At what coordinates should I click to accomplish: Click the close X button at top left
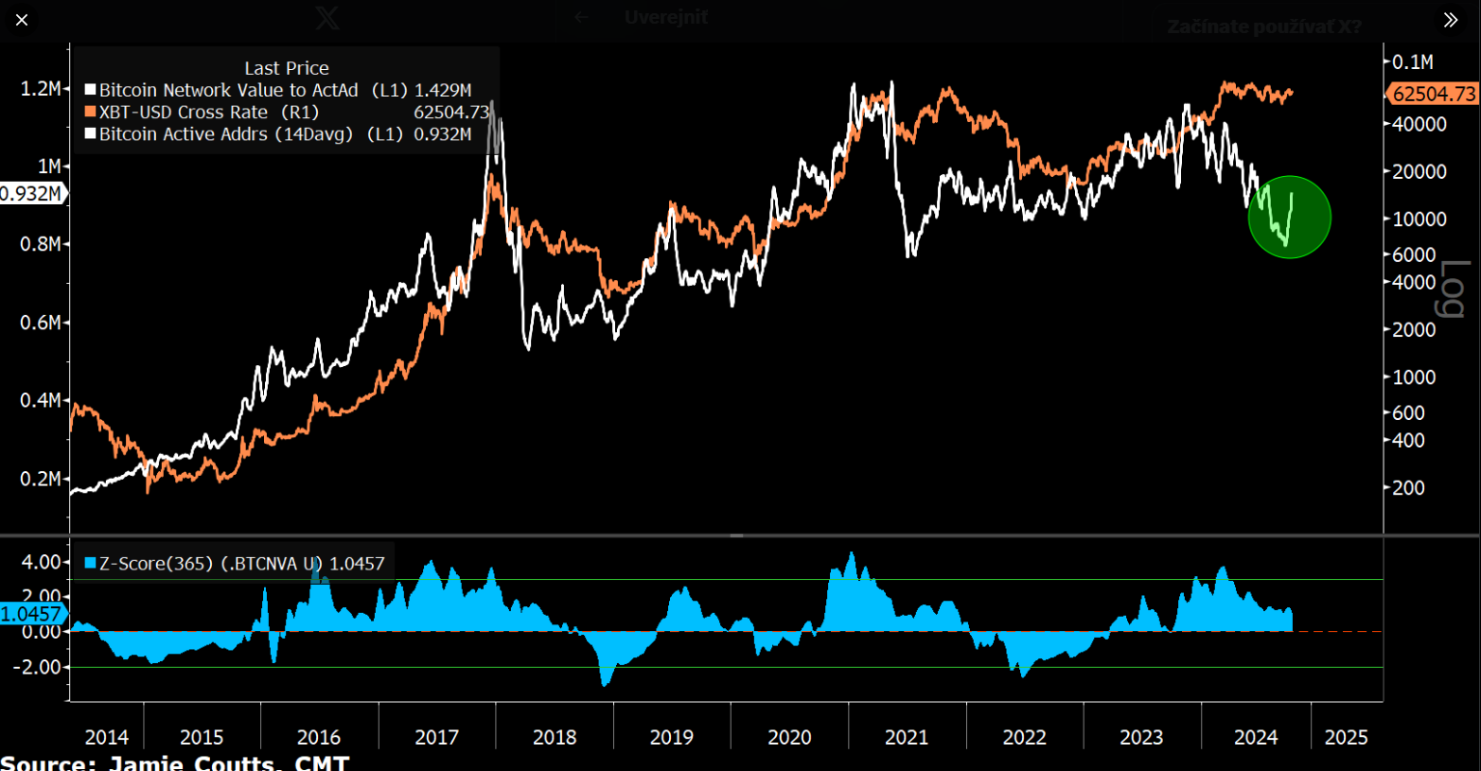[22, 20]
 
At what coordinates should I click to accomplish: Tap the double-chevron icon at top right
[1451, 20]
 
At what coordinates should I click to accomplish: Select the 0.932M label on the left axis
[31, 194]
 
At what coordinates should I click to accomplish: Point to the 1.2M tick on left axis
[40, 88]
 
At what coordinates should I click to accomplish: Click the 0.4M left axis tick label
[40, 400]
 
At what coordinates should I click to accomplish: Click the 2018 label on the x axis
[554, 737]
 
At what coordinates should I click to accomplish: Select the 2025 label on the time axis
[1346, 737]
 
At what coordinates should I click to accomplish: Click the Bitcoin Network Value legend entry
[228, 90]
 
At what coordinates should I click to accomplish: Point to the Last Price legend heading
[286, 68]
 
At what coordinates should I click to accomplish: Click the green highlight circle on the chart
[1290, 217]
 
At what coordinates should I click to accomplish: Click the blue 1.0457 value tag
[31, 614]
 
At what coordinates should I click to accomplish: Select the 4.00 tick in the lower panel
[41, 562]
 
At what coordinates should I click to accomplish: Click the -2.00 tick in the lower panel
[38, 667]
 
